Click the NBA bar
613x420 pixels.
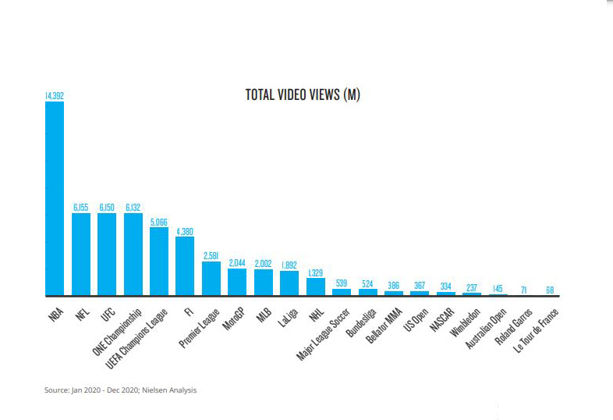pos(55,199)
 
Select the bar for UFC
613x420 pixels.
pos(107,254)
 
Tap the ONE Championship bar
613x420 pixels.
pos(133,254)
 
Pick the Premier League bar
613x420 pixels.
pos(211,279)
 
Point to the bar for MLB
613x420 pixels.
pos(264,283)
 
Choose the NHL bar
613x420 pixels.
pos(316,287)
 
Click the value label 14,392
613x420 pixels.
pos(55,95)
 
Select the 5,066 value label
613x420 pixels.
pos(159,222)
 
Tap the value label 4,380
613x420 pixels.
pos(186,230)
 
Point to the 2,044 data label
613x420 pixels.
pos(237,263)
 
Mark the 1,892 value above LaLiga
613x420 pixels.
pos(289,265)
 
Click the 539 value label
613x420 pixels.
pos(342,283)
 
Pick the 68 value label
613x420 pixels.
pos(551,290)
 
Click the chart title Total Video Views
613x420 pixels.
pos(302,95)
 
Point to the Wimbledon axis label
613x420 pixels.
pos(465,320)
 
